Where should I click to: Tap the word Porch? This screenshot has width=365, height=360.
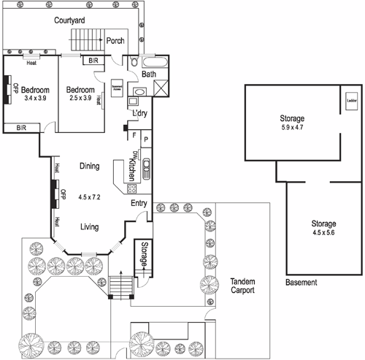116,41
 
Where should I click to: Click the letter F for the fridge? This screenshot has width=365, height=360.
134,134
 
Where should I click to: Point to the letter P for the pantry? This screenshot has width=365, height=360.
146,138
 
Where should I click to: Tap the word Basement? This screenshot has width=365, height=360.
301,282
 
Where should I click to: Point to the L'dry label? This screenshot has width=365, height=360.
139,114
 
